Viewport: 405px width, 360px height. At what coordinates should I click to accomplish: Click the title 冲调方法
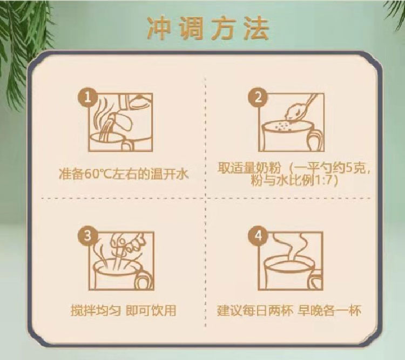point(207,30)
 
